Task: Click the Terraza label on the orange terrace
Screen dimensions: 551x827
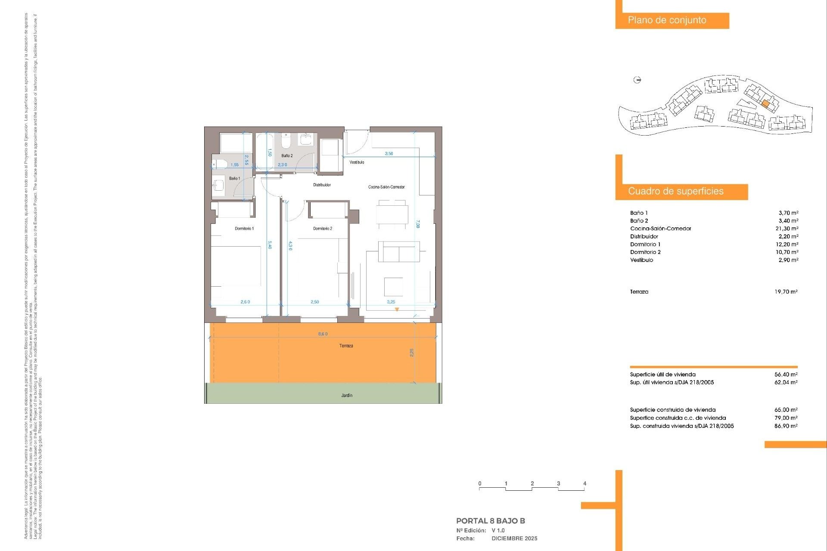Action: point(346,346)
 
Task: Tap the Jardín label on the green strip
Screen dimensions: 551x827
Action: point(347,395)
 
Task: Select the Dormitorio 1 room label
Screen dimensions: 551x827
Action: point(244,229)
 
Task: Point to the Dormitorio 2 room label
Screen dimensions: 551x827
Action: point(323,229)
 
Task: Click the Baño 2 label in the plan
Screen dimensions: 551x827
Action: point(287,156)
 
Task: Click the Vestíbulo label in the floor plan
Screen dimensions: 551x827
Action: point(357,162)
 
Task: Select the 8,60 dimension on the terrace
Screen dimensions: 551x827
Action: point(323,334)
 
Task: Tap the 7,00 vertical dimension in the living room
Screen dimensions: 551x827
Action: point(417,224)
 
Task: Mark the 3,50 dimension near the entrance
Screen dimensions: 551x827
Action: point(389,154)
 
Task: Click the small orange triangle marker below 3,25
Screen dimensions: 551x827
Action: point(397,310)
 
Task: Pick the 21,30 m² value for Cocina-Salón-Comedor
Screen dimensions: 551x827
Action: point(787,229)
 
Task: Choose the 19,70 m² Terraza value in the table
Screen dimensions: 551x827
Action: point(786,292)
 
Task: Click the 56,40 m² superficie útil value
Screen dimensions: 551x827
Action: point(786,375)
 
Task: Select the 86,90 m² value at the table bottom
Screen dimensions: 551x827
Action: point(786,426)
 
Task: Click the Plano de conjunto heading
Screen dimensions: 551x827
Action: point(667,20)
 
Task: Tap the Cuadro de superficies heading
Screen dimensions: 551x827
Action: point(675,191)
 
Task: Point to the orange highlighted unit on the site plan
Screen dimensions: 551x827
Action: point(765,104)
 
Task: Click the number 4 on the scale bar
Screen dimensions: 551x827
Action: point(584,483)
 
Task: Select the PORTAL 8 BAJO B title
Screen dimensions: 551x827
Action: point(490,521)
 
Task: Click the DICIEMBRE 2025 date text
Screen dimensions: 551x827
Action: point(514,539)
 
